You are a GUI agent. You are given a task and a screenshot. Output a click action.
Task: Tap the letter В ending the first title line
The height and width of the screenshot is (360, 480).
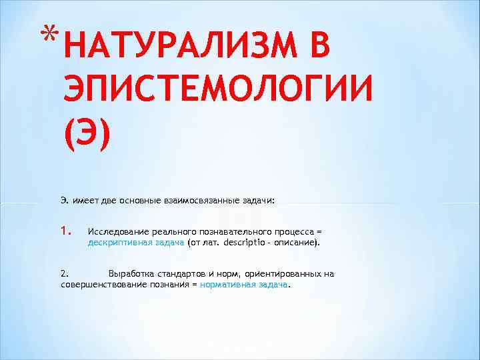click(x=317, y=47)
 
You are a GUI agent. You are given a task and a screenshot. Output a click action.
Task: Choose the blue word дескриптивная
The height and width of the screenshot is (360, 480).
click(x=117, y=243)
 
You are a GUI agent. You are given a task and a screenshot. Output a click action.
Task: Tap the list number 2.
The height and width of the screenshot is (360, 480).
click(x=64, y=273)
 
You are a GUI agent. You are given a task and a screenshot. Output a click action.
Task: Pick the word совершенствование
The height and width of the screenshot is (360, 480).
click(x=100, y=284)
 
